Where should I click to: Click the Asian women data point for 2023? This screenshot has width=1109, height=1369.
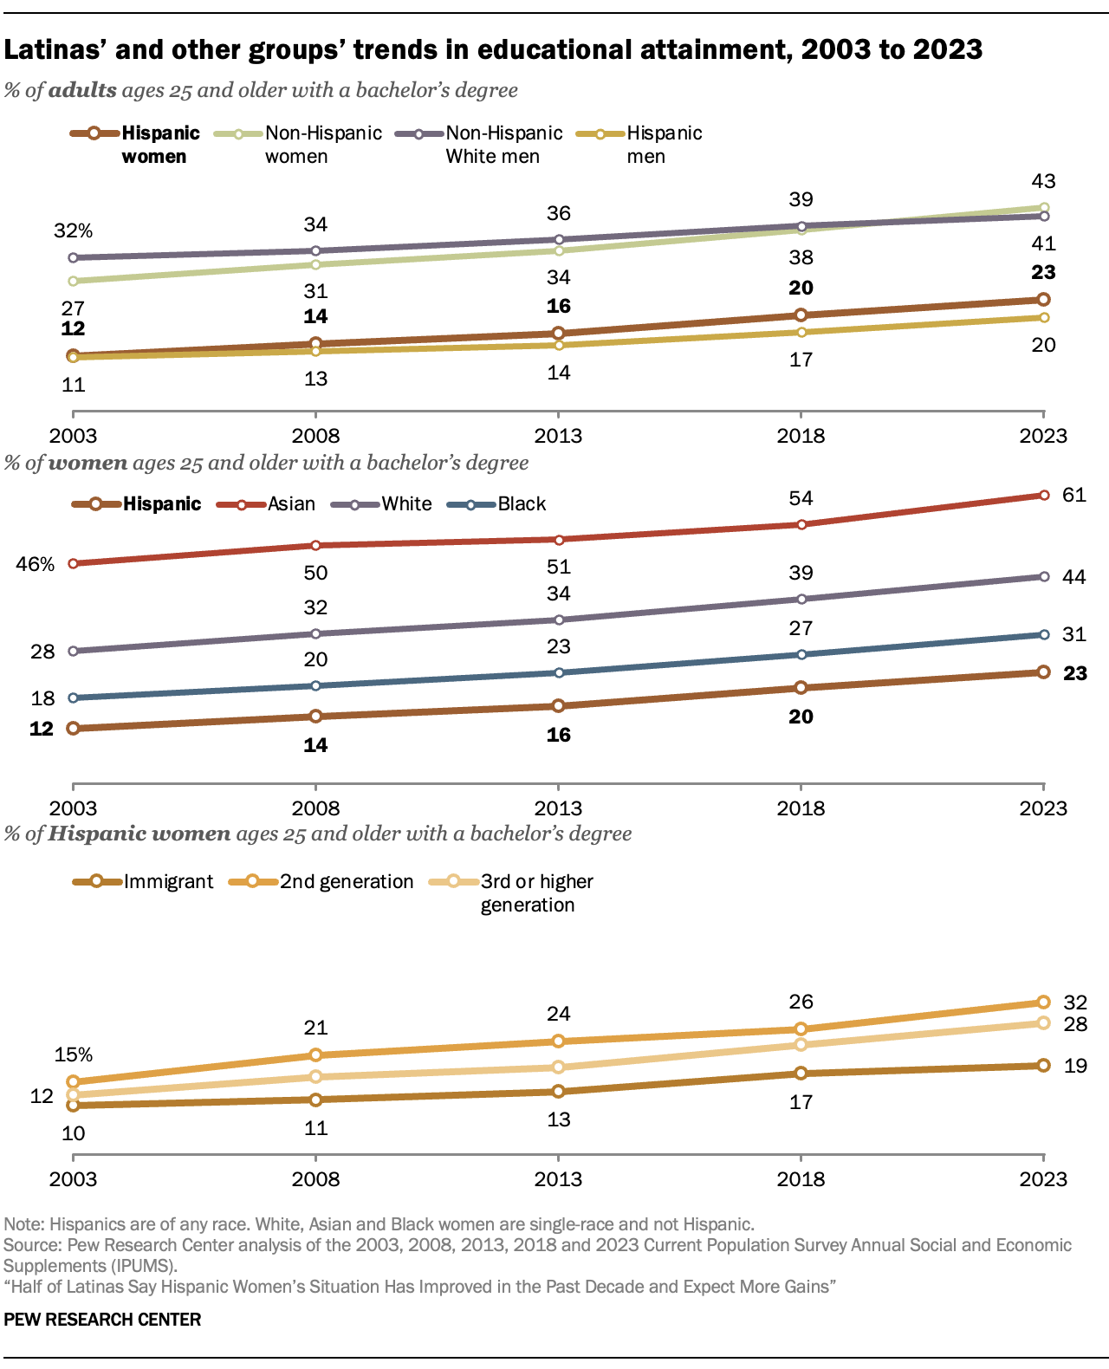pyautogui.click(x=1043, y=495)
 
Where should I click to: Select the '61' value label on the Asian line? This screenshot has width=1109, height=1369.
pyautogui.click(x=1074, y=495)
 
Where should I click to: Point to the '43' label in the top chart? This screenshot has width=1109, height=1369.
pyautogui.click(x=1043, y=181)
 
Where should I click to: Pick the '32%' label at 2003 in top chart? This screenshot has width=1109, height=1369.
pyautogui.click(x=73, y=230)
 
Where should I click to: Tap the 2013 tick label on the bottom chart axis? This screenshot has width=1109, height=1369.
pyautogui.click(x=559, y=1179)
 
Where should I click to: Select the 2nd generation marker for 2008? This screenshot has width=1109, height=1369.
pyautogui.click(x=315, y=1054)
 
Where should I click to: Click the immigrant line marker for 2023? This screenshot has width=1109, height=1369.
pyautogui.click(x=1043, y=1065)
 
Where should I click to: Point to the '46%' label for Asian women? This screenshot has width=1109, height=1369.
pyautogui.click(x=36, y=564)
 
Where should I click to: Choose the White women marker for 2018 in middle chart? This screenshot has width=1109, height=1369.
pyautogui.click(x=801, y=599)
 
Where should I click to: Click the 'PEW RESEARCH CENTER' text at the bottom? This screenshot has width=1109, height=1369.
pyautogui.click(x=102, y=1320)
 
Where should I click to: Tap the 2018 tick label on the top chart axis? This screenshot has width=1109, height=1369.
pyautogui.click(x=801, y=436)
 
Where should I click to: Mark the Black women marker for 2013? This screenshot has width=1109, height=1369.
pyautogui.click(x=559, y=672)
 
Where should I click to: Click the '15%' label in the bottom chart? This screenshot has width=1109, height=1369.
pyautogui.click(x=73, y=1054)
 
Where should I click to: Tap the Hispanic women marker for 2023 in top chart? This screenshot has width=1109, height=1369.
pyautogui.click(x=1043, y=299)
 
